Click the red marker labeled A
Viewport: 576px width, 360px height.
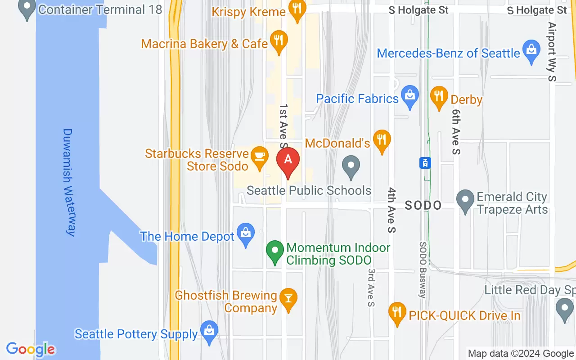tap(288, 161)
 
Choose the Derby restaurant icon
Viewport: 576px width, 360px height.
tap(439, 96)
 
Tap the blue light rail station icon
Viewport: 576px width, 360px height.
tap(425, 163)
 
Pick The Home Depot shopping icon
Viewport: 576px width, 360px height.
tap(246, 234)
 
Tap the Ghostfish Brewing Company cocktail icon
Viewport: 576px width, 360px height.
tap(288, 299)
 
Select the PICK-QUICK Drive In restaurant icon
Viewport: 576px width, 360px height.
tap(397, 313)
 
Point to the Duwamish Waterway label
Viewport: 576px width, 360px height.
tap(68, 182)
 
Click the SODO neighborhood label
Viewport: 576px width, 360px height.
tap(423, 205)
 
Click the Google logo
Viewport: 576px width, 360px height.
tap(31, 349)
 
